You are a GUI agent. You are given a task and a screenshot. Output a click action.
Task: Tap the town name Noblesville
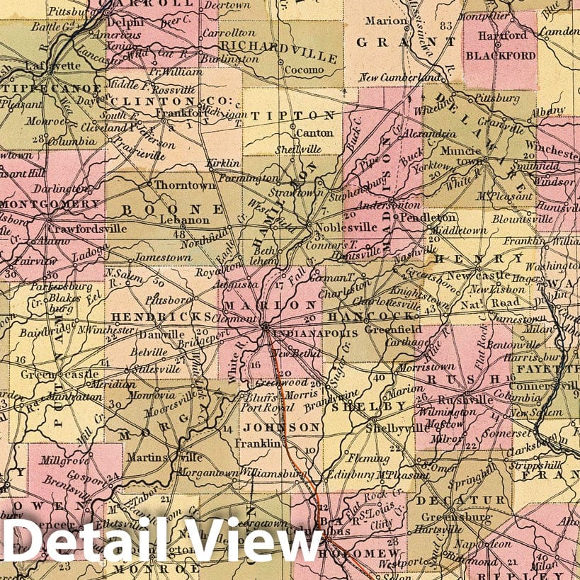[336, 229]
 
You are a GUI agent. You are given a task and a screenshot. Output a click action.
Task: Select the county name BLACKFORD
[499, 55]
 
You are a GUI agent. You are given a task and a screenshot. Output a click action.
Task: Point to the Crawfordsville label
[87, 229]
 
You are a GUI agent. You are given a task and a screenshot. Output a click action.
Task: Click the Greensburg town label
[464, 516]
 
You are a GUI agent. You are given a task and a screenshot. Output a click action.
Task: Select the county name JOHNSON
[282, 427]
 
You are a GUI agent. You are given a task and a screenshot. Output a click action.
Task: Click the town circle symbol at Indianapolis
[265, 327]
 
